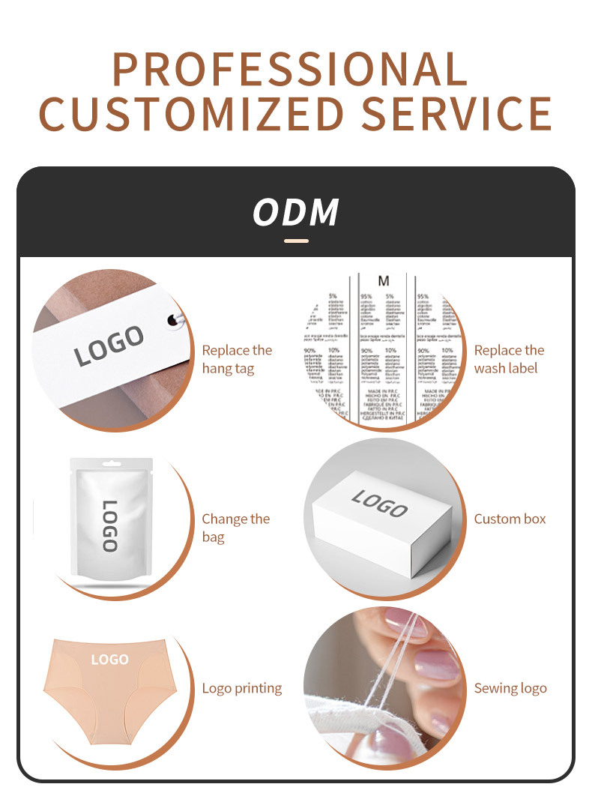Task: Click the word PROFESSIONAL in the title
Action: coord(290,70)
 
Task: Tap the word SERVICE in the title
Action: coord(457,114)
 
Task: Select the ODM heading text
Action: coord(296,212)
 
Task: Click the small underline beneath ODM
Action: coord(297,241)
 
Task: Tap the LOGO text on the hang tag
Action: coord(109,346)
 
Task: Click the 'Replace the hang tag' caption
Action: coord(237,359)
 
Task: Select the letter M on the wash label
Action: coord(384,282)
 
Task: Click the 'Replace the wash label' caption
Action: coord(509,359)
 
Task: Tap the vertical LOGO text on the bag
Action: coord(109,526)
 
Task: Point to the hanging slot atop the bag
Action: coord(111,462)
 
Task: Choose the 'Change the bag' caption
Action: coord(235,528)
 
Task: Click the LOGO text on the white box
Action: coord(379,504)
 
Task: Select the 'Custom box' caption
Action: coord(510,519)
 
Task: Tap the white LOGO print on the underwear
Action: coord(109,660)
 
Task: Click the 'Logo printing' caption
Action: coord(241,688)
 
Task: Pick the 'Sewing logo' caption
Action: coord(510,688)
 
